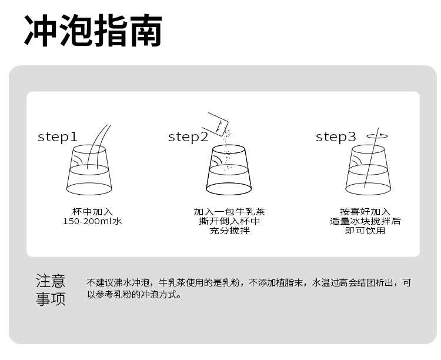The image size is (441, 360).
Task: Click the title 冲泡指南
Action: tap(93, 31)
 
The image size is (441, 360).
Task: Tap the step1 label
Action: tap(58, 137)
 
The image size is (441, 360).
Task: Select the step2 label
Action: tap(188, 137)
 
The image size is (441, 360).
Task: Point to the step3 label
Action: tap(336, 137)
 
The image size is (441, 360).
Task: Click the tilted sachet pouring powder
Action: tap(218, 124)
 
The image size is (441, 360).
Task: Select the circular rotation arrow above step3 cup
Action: tap(377, 136)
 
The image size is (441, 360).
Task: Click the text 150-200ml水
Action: tap(92, 221)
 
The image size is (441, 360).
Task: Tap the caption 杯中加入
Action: tap(92, 212)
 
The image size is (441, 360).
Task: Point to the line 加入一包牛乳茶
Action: tap(229, 212)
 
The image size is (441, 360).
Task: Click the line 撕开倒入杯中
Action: tap(229, 221)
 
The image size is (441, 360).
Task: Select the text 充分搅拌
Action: tap(229, 231)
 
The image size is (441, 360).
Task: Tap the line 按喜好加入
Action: tap(365, 212)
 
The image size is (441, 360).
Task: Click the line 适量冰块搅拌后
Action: tap(365, 221)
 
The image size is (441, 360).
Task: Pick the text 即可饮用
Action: tap(365, 231)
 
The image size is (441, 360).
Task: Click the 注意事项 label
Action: tap(51, 290)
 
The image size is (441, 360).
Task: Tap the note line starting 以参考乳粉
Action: tap(134, 295)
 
